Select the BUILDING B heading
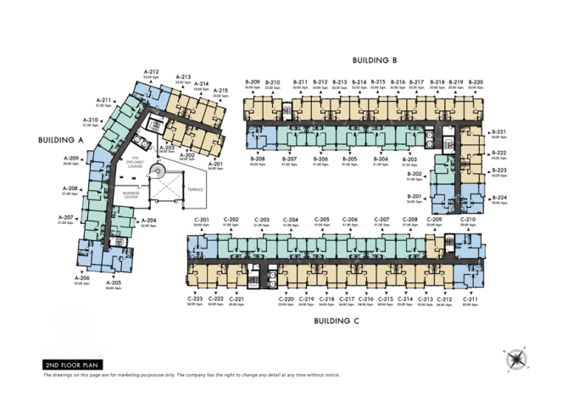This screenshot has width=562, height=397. pos(376,59)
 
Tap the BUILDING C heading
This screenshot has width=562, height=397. pos(337,321)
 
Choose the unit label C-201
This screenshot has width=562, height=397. pos(202,220)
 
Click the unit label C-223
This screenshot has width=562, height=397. pos(195,299)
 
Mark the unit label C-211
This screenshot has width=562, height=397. pos(470,299)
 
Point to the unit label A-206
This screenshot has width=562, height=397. pos(82,277)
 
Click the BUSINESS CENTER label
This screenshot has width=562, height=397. pos(131,194)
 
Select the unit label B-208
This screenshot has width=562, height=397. pos(258,159)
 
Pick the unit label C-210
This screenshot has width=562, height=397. pos(468,220)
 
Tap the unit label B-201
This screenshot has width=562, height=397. pos(415,195)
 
